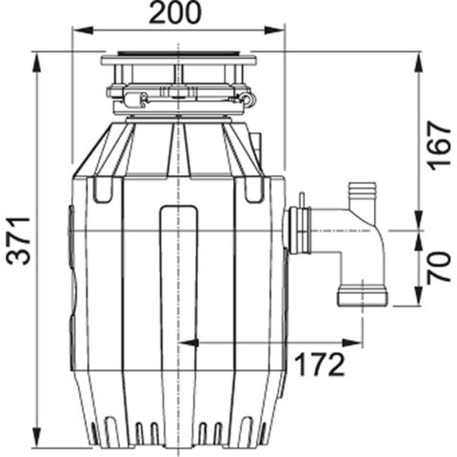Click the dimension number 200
click(x=175, y=13)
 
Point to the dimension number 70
click(x=438, y=268)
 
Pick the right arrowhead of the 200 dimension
click(x=280, y=30)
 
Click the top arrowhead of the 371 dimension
click(x=37, y=57)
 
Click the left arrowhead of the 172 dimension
click(x=184, y=341)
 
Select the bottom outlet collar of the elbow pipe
click(x=362, y=296)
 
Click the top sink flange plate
click(x=178, y=60)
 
